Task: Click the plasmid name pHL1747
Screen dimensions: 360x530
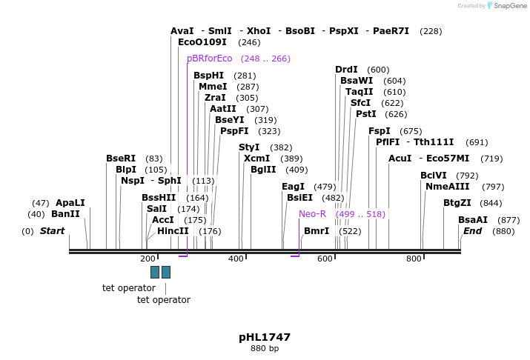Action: tap(265, 337)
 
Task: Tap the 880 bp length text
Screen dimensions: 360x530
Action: tap(265, 348)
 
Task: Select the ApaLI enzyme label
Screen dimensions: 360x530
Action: tap(70, 203)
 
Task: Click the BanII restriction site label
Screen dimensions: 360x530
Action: tap(65, 214)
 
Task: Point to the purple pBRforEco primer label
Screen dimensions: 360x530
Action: tap(210, 59)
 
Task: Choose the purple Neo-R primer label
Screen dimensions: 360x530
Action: tap(312, 214)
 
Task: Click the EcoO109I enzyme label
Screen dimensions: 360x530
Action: tap(202, 42)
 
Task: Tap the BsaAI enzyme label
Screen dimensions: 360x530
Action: tap(473, 220)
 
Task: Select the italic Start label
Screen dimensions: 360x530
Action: tap(52, 231)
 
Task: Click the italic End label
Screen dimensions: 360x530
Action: tap(472, 231)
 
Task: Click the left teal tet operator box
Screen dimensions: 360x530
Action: tap(155, 272)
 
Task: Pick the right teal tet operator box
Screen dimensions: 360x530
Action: tap(166, 272)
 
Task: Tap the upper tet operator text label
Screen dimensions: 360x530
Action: tap(129, 287)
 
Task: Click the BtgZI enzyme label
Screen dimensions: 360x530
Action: tap(457, 203)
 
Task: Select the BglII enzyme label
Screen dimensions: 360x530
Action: tap(263, 170)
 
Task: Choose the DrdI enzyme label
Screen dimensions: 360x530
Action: tap(346, 70)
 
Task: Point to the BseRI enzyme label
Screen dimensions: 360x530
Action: tap(121, 159)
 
